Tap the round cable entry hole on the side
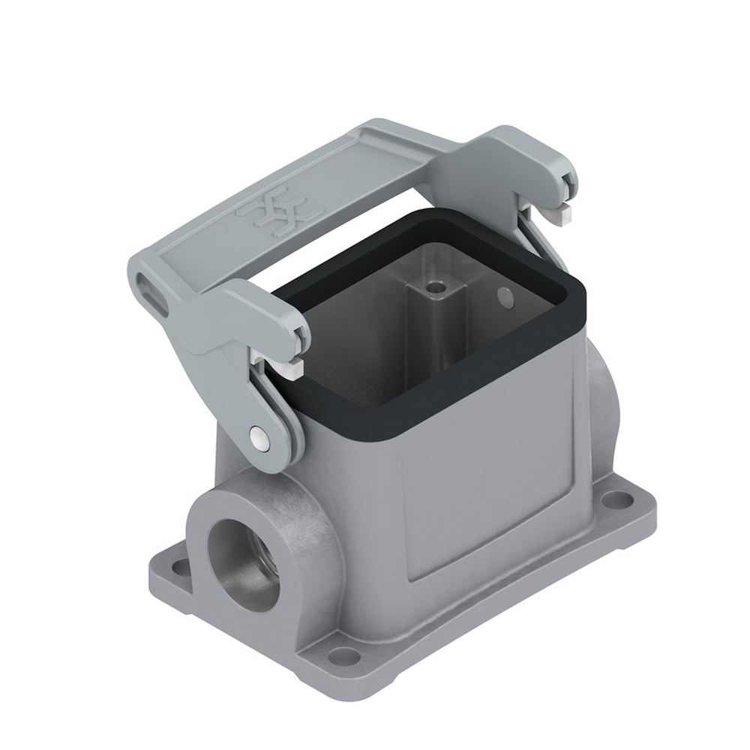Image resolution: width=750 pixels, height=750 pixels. [241, 563]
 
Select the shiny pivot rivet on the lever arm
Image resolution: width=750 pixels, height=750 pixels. [258, 439]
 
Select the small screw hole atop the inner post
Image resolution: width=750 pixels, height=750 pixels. [433, 286]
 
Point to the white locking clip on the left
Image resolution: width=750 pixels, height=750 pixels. [291, 367]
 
